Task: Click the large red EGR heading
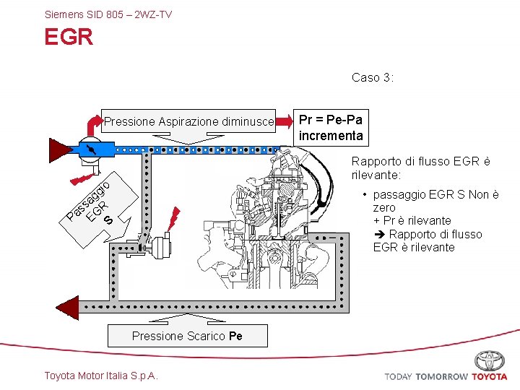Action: click(x=69, y=38)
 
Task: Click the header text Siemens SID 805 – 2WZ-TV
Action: click(x=108, y=14)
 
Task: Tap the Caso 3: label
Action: click(x=373, y=77)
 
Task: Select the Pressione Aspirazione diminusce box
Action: click(x=189, y=122)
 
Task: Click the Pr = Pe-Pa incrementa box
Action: click(x=330, y=127)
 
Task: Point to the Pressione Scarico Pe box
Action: click(x=186, y=336)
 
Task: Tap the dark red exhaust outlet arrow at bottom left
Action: click(x=66, y=307)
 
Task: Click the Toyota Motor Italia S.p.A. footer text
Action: click(x=101, y=375)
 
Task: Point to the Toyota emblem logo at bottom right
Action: click(x=490, y=360)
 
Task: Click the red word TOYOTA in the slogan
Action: click(x=490, y=377)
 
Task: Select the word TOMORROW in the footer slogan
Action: click(x=441, y=377)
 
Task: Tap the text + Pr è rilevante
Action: click(x=412, y=220)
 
